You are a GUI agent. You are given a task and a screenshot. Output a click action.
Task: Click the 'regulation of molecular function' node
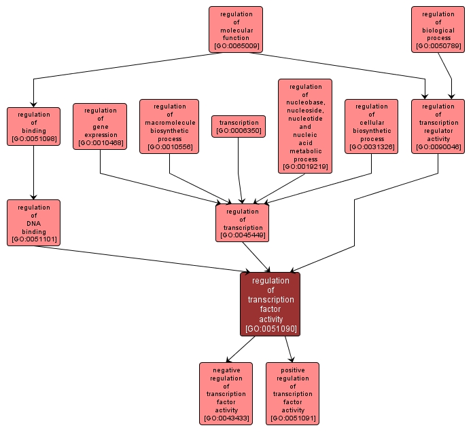(x=236, y=30)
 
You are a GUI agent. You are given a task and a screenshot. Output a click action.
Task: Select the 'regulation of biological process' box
(x=438, y=30)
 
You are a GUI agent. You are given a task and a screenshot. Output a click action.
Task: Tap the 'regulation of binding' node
(x=33, y=126)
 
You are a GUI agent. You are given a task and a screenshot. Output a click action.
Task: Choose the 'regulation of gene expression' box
(x=100, y=126)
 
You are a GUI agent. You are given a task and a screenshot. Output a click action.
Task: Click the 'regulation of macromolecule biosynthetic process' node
(x=169, y=126)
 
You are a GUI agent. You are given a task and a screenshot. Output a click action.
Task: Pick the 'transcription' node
(x=239, y=126)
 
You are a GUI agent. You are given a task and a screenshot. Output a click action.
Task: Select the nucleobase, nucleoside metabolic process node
(x=305, y=126)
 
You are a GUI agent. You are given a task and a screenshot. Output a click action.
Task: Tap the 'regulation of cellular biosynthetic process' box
(x=371, y=126)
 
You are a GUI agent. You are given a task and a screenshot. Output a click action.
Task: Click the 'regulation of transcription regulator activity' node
(x=438, y=126)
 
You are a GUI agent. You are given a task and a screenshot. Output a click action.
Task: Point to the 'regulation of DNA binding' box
(x=33, y=222)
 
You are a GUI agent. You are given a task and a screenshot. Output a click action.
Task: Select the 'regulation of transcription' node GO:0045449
(x=243, y=222)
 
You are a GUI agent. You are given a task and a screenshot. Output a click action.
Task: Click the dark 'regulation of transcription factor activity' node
(x=270, y=305)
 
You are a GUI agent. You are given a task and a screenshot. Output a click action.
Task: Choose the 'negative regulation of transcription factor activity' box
(x=226, y=393)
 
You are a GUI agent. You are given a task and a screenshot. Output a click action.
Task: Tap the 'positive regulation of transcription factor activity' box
(x=292, y=393)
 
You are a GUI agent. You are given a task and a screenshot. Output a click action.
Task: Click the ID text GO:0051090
(x=270, y=329)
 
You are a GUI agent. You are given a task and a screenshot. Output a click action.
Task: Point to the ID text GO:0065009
(x=236, y=47)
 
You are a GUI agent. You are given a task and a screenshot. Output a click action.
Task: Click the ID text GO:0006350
(x=239, y=130)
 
